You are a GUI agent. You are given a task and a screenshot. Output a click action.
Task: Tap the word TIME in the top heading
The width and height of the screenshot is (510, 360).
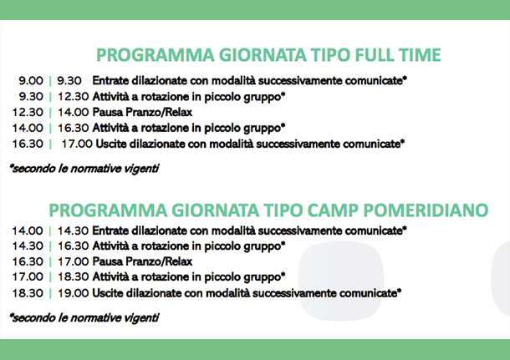pyautogui.click(x=420, y=55)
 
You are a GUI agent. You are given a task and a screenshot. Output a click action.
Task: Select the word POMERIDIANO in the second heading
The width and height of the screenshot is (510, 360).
pyautogui.click(x=426, y=210)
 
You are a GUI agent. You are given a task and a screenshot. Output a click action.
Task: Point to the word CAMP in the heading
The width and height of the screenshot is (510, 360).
pyautogui.click(x=333, y=210)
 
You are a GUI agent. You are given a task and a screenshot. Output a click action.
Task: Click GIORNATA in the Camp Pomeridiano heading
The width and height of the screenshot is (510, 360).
pyautogui.click(x=215, y=210)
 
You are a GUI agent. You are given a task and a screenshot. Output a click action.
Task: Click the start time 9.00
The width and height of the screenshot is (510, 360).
pyautogui.click(x=31, y=80)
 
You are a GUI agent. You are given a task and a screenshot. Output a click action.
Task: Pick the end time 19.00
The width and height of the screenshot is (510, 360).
pyautogui.click(x=74, y=293)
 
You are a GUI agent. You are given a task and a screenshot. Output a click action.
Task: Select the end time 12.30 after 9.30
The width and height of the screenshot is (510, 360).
pyautogui.click(x=74, y=97)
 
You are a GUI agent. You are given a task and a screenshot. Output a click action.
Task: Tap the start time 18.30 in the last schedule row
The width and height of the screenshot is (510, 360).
pyautogui.click(x=28, y=293)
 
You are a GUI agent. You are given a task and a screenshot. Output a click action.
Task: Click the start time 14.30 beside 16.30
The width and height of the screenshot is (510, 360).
pyautogui.click(x=28, y=246)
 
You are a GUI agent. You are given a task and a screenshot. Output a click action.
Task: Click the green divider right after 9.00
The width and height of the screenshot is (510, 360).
pyautogui.click(x=50, y=80)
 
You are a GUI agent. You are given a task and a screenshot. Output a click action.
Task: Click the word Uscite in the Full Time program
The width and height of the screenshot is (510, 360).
pyautogui.click(x=111, y=144)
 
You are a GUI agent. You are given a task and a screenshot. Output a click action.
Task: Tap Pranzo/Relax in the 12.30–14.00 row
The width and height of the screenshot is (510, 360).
pyautogui.click(x=159, y=112)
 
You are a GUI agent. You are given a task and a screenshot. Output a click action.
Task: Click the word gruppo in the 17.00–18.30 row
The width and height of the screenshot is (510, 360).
pyautogui.click(x=264, y=277)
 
